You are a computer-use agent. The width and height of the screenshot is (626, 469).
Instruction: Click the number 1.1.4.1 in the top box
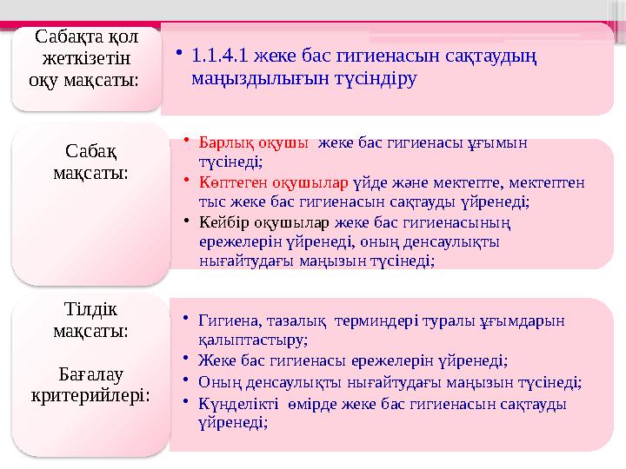(x=218, y=56)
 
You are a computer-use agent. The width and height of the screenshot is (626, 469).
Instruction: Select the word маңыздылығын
(x=248, y=78)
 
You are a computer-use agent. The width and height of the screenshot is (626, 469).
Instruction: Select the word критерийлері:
(x=90, y=396)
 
